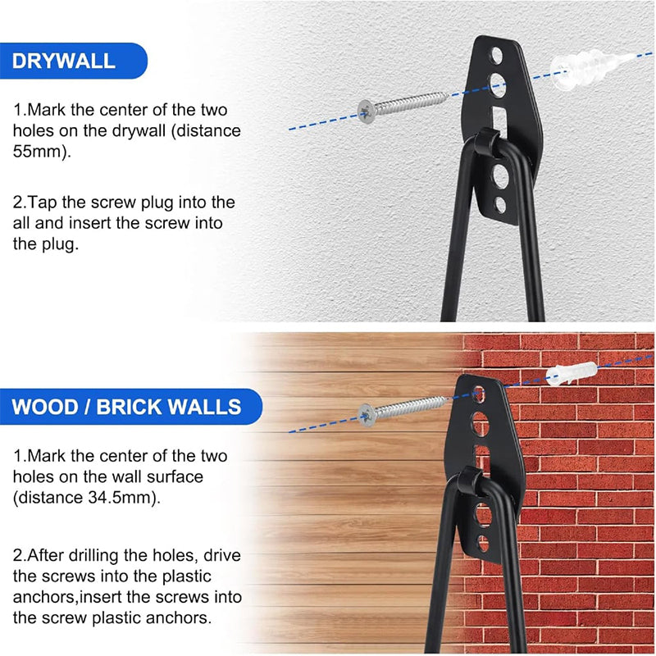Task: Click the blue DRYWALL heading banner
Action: pos(73,61)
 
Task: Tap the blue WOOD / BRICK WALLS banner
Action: pos(130,407)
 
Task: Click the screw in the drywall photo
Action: pos(403,107)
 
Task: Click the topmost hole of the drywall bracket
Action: pos(497,56)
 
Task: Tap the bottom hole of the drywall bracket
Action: pos(500,205)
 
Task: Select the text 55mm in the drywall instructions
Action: pos(39,151)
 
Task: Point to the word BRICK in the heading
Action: pos(129,407)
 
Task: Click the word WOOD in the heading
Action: pos(45,407)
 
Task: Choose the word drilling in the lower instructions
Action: pos(93,556)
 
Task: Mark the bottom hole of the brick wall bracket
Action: pos(482,543)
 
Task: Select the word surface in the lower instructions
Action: pos(175,476)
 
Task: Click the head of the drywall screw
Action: pos(367,112)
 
